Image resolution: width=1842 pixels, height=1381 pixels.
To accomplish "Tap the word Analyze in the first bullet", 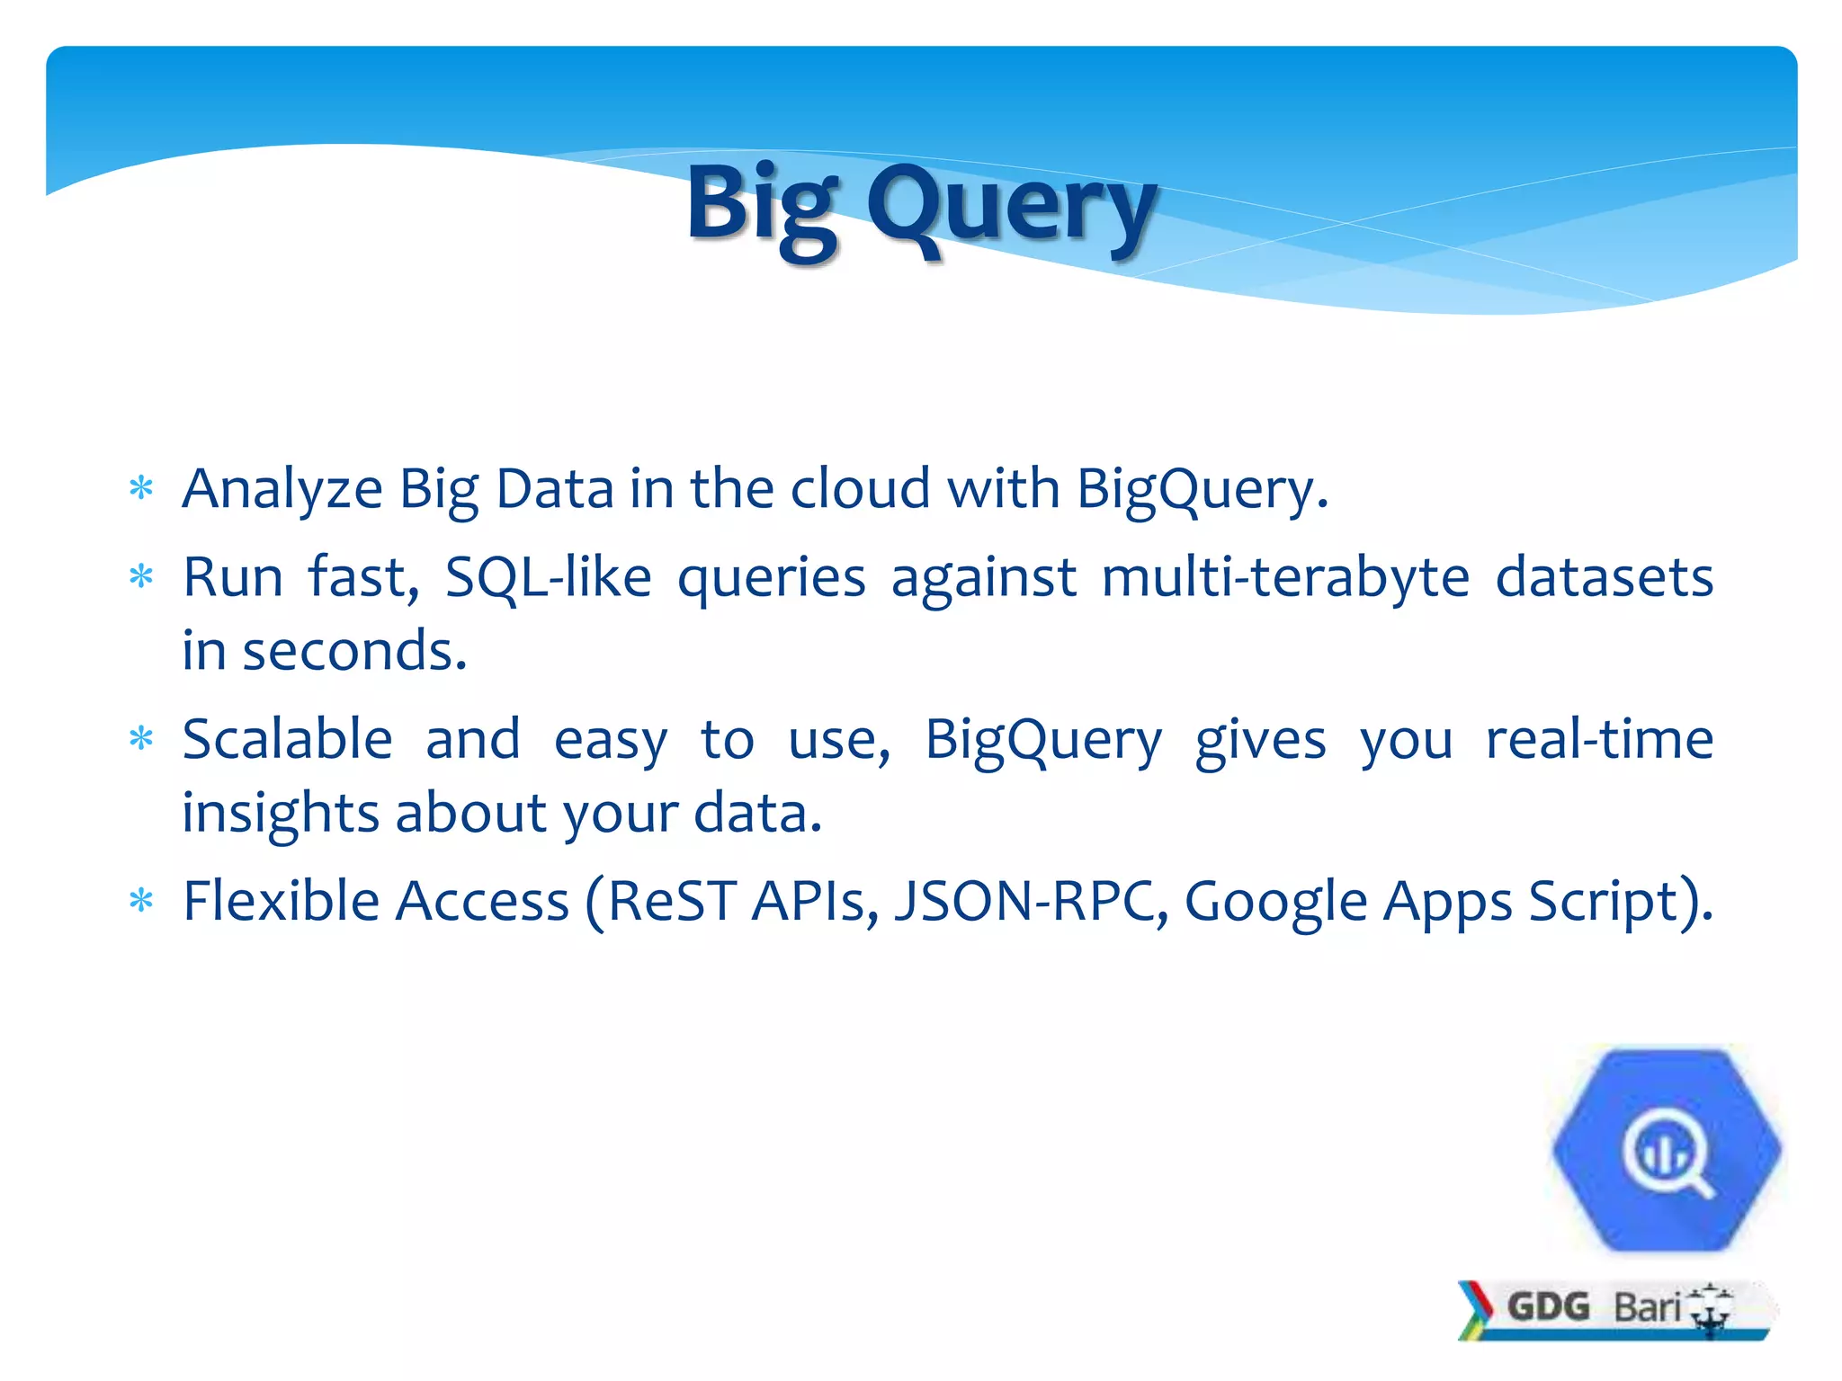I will (282, 490).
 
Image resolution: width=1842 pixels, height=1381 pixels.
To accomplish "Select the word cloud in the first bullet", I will (860, 490).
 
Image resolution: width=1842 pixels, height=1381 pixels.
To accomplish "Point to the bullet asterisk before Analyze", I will (141, 489).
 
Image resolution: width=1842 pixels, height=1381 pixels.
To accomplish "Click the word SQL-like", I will (548, 577).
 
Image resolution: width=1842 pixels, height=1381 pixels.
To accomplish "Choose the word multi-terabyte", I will (1285, 577).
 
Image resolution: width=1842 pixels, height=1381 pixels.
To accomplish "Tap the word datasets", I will (1604, 577).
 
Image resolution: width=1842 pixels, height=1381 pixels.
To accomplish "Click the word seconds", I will (354, 651).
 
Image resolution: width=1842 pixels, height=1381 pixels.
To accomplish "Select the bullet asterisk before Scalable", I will (141, 739).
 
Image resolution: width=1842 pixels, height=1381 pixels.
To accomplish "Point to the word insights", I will (281, 814).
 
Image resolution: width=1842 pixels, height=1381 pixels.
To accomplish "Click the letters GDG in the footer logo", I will (1548, 1306).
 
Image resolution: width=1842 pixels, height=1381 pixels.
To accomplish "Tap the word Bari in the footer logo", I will (1647, 1307).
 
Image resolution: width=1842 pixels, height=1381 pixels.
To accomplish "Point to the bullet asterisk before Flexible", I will (141, 900).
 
